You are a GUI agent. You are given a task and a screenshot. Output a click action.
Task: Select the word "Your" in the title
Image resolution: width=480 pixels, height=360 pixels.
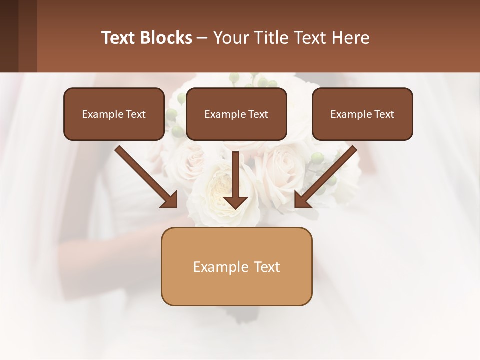231,38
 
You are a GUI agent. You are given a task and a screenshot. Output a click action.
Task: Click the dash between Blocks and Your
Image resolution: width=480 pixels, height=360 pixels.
202,38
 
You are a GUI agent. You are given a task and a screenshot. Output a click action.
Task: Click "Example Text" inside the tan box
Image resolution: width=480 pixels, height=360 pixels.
236,267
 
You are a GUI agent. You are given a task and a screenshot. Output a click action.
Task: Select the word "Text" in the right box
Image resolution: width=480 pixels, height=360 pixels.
384,114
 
